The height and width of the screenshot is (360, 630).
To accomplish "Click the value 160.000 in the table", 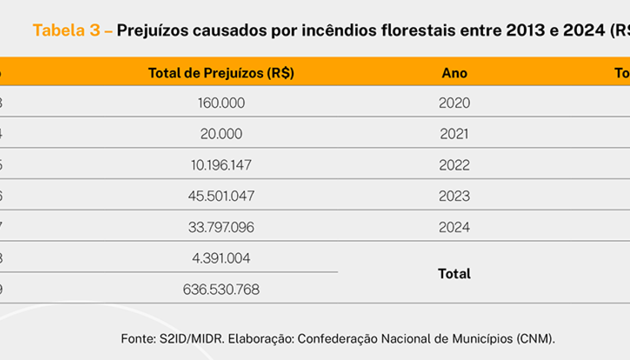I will [x=221, y=103].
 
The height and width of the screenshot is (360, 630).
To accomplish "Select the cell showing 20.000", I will [x=221, y=134].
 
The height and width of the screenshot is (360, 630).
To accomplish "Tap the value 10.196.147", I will [x=221, y=165].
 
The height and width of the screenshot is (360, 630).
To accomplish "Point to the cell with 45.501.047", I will [x=221, y=196].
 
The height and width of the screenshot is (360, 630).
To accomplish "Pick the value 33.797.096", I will [x=221, y=227].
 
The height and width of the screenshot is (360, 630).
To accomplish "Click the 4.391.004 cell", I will [x=221, y=258].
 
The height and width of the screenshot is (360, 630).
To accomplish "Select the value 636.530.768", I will [x=221, y=289].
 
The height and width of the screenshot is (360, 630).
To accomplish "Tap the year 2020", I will [x=454, y=103].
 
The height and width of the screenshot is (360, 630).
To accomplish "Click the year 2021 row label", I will [x=454, y=134].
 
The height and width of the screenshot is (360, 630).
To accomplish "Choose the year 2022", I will [x=454, y=165].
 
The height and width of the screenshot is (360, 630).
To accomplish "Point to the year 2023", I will [x=454, y=196].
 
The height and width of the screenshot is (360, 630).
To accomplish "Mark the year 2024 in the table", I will [x=454, y=227].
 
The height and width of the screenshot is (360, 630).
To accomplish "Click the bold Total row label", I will [x=454, y=273].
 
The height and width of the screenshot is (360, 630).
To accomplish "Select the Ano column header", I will [x=454, y=73].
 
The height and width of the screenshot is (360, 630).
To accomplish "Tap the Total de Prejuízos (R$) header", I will [x=221, y=73].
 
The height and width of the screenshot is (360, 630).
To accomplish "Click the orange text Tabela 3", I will [x=66, y=30].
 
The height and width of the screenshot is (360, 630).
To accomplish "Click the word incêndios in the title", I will [x=332, y=30].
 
